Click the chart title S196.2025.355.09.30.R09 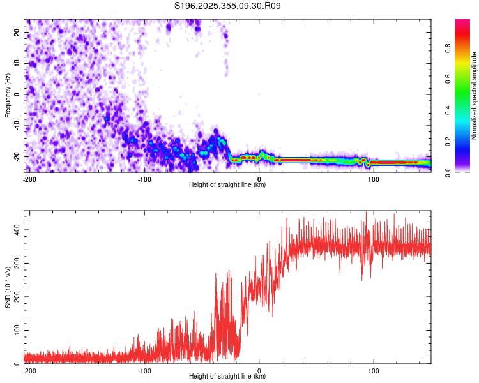[228, 6]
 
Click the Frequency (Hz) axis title [8, 96]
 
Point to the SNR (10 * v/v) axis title [8, 287]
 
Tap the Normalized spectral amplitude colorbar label [475, 96]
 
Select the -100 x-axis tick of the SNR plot [144, 370]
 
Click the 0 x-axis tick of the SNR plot [259, 370]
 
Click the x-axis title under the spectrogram [227, 185]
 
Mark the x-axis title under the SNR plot [227, 377]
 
